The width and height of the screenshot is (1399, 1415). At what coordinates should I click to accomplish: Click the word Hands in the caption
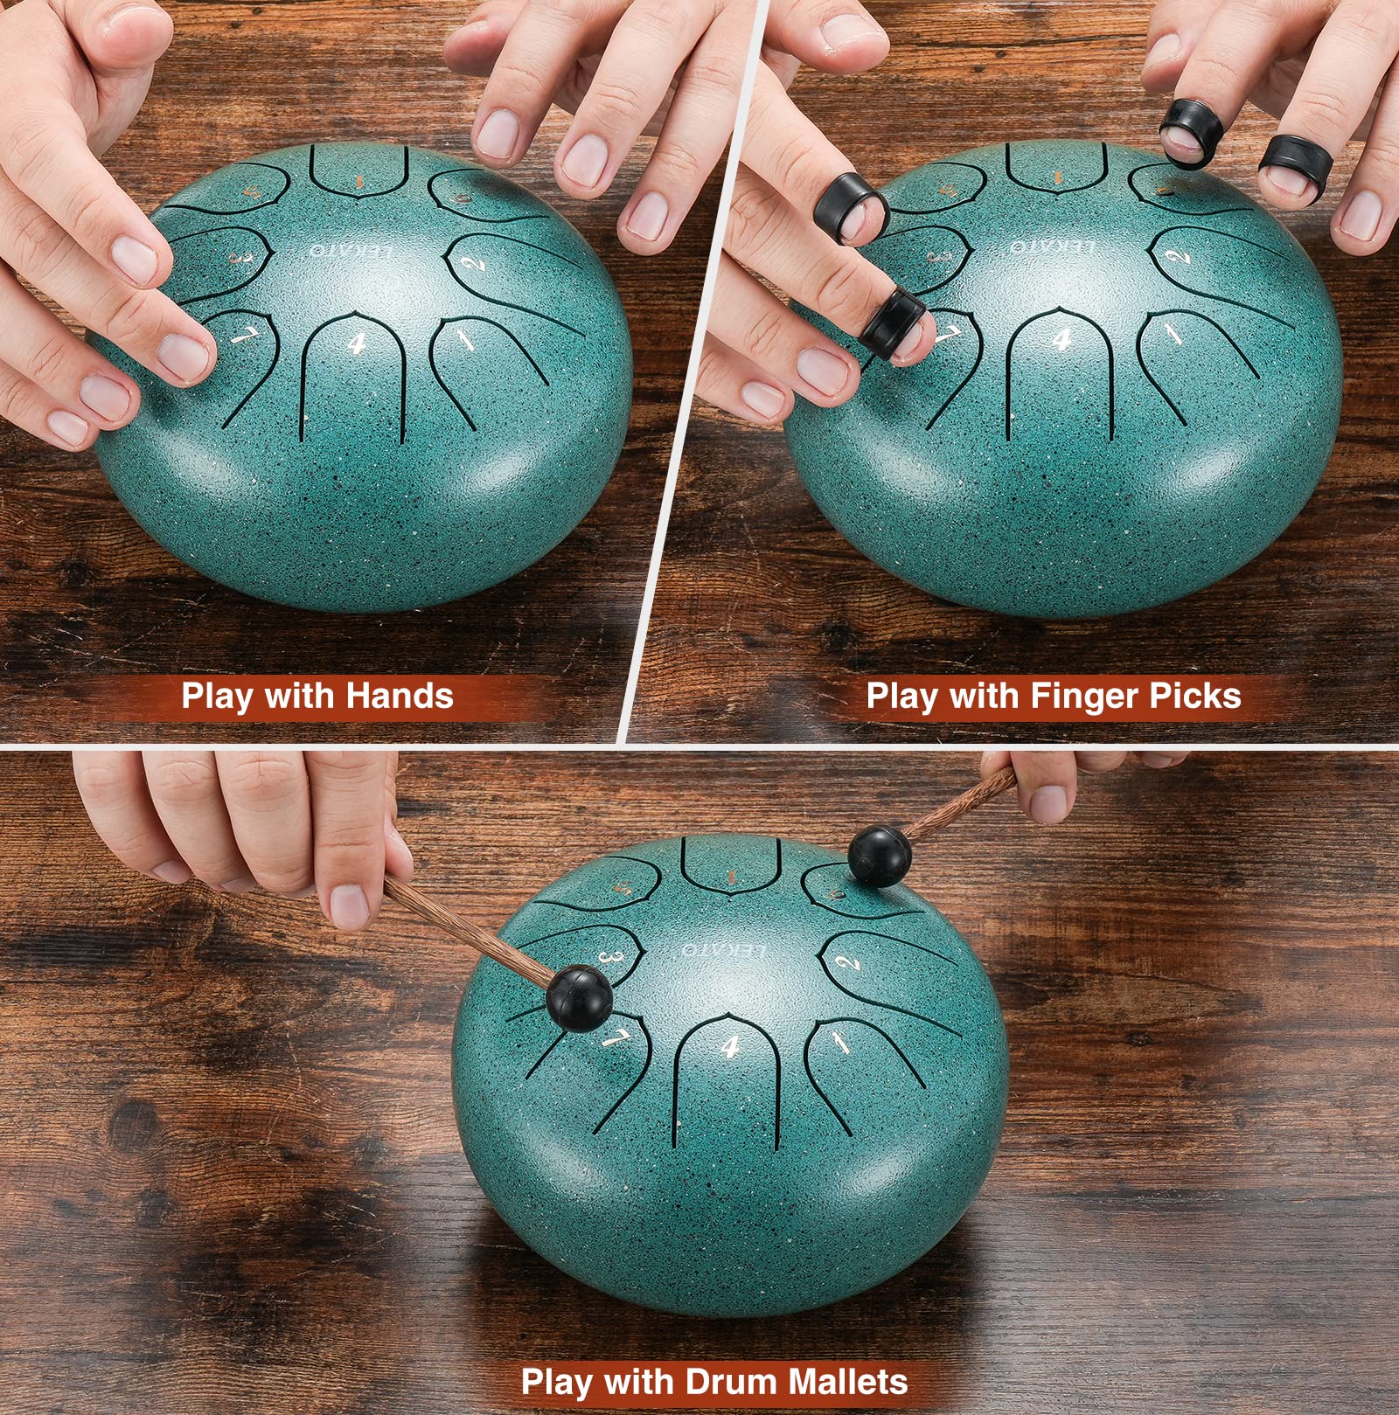pos(400,696)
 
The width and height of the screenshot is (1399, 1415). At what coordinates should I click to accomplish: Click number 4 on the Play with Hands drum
pos(356,343)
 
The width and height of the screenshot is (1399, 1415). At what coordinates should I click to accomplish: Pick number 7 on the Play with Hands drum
pos(240,335)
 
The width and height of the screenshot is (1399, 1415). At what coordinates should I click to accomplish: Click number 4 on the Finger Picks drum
pos(1062,339)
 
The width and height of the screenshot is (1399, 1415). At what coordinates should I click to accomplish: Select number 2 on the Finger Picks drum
pos(1180,255)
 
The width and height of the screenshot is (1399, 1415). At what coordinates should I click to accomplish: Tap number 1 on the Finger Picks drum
pos(1173,333)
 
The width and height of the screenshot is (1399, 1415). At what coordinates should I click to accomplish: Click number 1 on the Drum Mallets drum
pos(840,1041)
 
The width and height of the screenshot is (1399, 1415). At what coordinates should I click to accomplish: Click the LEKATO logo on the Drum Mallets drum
pos(723,951)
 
